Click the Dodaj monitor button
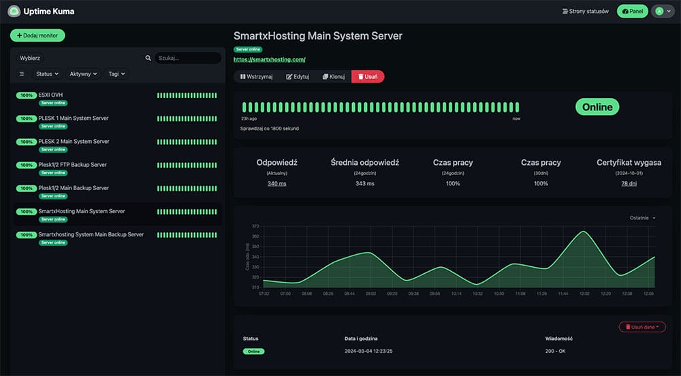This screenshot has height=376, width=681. click(37, 35)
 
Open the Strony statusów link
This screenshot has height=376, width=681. click(585, 12)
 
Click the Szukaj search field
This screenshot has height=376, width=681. click(187, 59)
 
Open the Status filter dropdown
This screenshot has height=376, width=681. click(47, 74)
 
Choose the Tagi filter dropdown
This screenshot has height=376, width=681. click(116, 74)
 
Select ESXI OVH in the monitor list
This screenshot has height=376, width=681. click(51, 95)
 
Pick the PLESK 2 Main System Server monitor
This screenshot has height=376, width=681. click(74, 141)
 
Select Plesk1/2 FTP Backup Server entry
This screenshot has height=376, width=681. click(72, 164)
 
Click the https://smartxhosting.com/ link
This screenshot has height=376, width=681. click(269, 60)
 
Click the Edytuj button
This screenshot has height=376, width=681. click(298, 76)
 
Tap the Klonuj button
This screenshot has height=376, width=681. click(334, 76)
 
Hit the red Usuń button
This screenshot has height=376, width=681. click(368, 76)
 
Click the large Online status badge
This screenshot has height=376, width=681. click(597, 107)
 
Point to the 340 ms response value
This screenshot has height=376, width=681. click(276, 183)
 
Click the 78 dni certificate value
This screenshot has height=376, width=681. click(629, 183)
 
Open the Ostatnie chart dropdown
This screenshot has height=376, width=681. click(642, 218)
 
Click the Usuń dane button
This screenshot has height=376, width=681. click(642, 327)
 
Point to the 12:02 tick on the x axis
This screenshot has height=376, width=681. click(584, 294)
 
